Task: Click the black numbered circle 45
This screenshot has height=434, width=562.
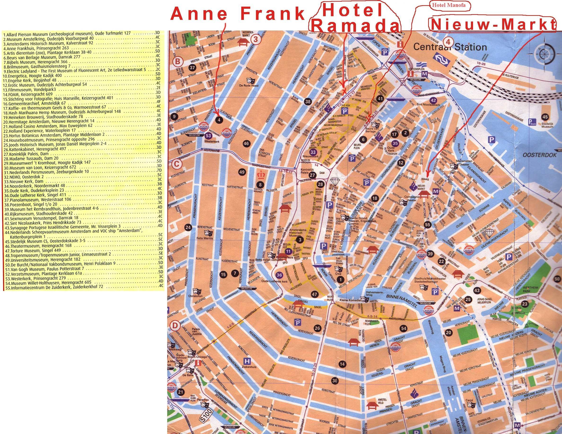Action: pos(545,117)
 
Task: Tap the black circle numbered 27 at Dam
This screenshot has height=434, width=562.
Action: pos(312,175)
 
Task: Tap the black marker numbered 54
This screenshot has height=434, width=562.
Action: pos(403,328)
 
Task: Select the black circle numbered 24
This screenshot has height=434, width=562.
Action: pos(188,227)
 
